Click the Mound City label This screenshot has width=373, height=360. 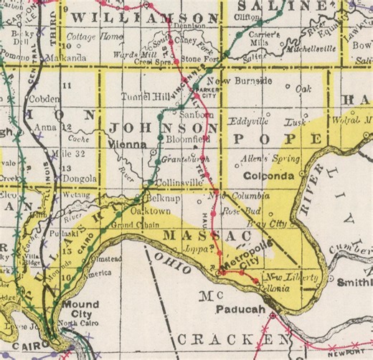(80, 309)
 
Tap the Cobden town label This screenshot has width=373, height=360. (44, 98)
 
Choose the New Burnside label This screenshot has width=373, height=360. (244, 81)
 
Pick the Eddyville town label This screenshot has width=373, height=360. (247, 121)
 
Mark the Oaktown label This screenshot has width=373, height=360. (154, 210)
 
